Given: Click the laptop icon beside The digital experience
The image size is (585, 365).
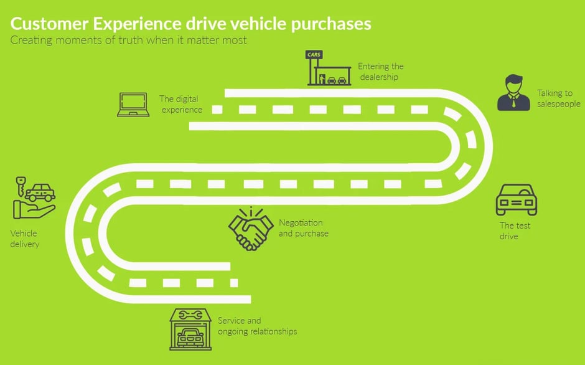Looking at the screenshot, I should (133, 105).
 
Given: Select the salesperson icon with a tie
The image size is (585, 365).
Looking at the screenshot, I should (513, 92).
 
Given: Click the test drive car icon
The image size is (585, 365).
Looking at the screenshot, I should (516, 200).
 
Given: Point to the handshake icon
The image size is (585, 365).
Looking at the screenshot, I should (251, 229).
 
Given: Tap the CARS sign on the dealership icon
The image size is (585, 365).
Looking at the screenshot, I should (314, 55).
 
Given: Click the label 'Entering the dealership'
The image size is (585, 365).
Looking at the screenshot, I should (380, 71).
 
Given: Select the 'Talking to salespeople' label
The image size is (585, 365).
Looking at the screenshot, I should (558, 98).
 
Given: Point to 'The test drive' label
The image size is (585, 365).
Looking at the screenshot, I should (515, 230).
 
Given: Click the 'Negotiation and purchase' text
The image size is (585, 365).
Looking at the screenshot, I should (303, 228).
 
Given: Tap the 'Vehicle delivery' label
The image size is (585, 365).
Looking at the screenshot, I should (24, 239).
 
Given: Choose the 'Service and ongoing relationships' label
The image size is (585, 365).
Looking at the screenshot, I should (257, 326).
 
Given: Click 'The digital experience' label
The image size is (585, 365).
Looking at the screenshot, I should (181, 104).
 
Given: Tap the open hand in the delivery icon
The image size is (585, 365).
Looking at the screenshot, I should (34, 209).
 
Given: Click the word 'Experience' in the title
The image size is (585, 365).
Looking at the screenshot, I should (134, 24).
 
